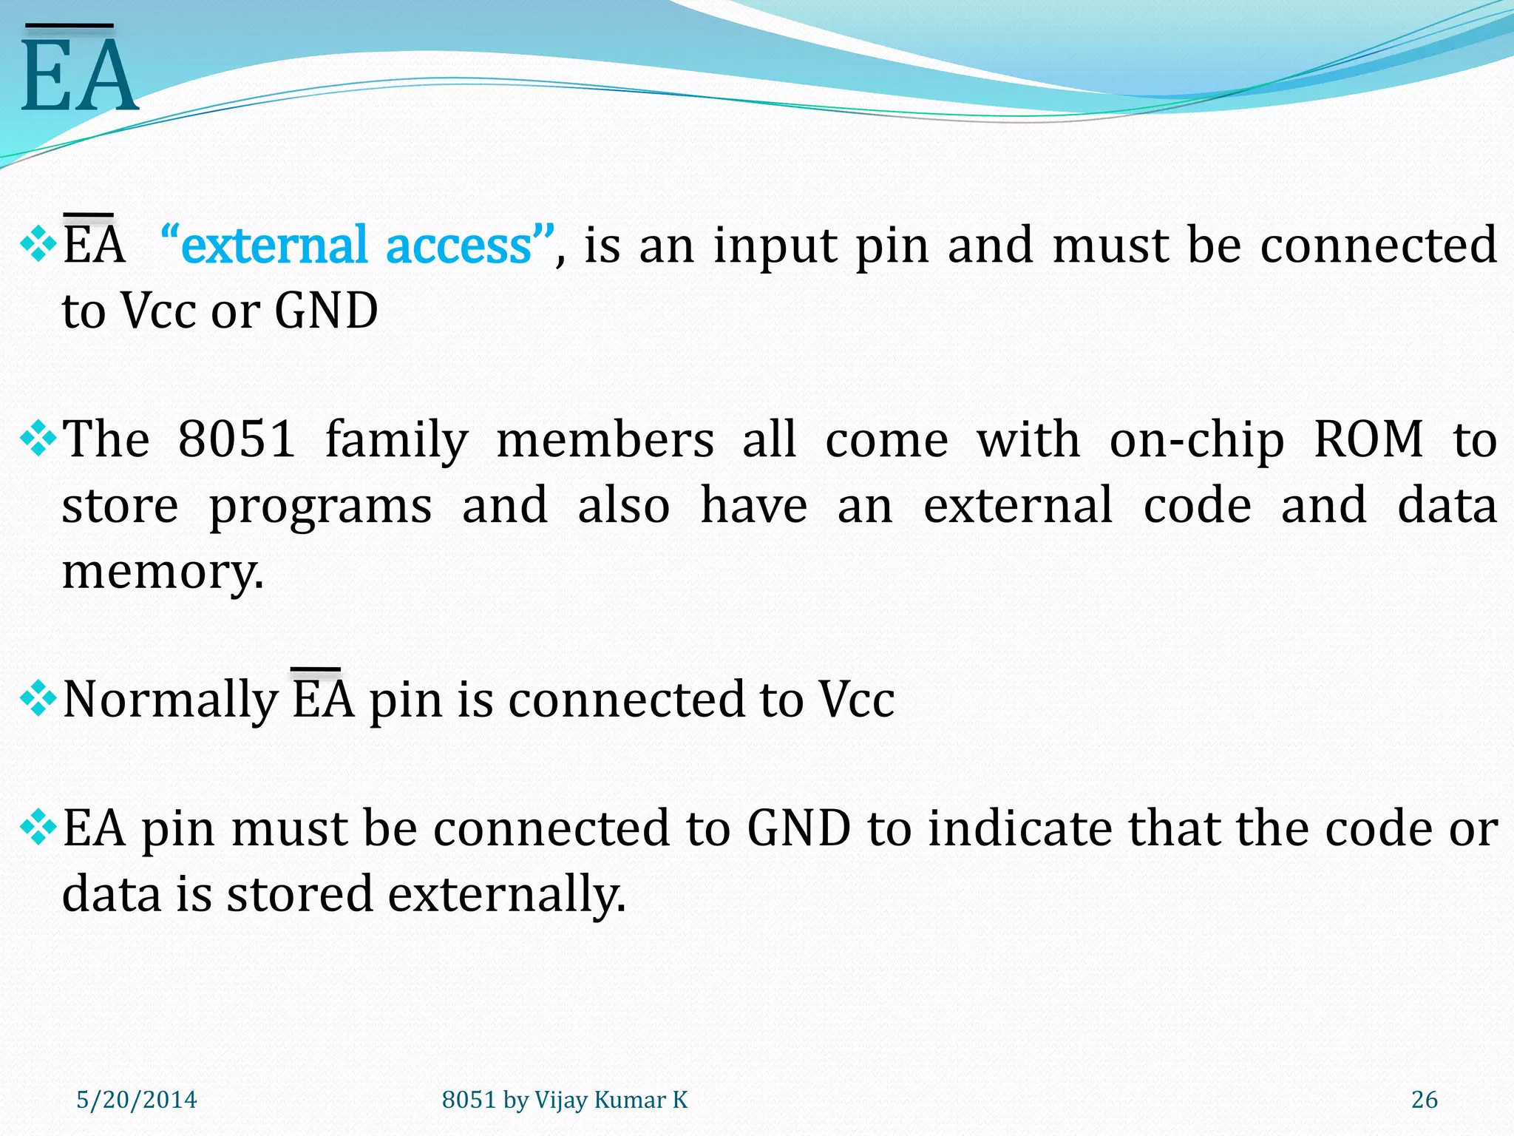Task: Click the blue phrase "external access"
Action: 357,246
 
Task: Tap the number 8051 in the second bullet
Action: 237,439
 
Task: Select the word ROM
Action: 1368,439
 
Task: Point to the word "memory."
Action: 163,572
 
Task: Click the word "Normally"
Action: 169,700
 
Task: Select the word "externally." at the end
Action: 506,893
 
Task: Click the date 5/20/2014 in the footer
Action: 137,1100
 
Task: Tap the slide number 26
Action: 1424,1100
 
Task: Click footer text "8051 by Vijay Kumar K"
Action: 565,1100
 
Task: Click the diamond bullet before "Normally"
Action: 38,699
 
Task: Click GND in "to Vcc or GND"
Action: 326,311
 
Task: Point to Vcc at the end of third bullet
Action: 856,700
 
